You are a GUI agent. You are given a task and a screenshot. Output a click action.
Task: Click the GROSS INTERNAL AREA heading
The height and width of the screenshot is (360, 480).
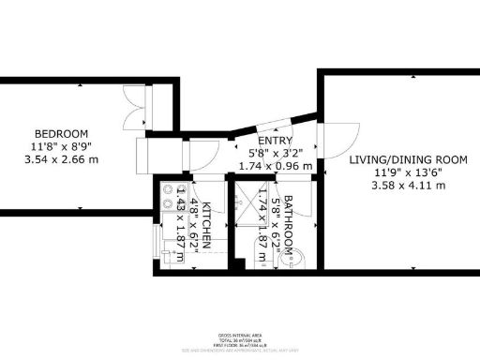point(240,335)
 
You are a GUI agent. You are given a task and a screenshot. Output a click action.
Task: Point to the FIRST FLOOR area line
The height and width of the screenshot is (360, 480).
point(240,345)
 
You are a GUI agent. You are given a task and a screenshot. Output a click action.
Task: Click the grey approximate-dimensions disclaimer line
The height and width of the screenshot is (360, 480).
point(240,351)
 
